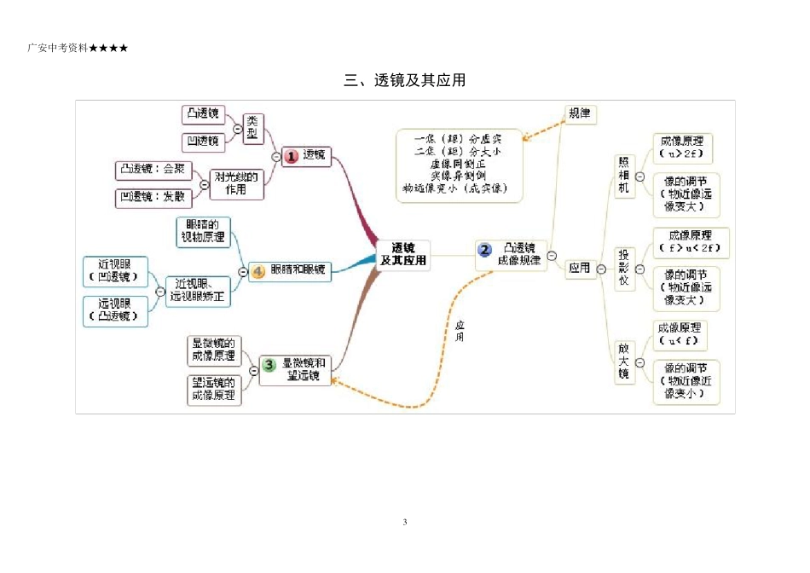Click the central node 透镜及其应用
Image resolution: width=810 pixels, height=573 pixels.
click(403, 254)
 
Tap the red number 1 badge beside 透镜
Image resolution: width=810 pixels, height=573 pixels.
click(291, 156)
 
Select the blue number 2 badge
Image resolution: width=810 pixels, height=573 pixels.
click(484, 250)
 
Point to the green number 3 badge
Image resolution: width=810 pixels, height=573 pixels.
click(269, 365)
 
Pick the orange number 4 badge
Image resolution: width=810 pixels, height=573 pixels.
click(259, 271)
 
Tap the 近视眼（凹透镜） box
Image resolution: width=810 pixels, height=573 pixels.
click(115, 272)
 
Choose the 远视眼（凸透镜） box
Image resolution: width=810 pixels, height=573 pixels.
click(115, 310)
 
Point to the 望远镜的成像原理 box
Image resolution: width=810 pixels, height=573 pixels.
click(213, 390)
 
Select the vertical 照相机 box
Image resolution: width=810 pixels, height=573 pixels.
click(624, 177)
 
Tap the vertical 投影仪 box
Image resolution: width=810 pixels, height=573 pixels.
click(624, 269)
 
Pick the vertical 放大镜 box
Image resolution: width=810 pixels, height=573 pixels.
click(624, 362)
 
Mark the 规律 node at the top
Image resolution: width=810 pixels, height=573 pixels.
click(580, 113)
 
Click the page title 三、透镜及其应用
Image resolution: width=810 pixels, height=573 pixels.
click(405, 81)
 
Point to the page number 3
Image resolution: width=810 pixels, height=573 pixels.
click(405, 522)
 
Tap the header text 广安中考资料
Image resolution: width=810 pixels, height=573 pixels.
click(59, 48)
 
